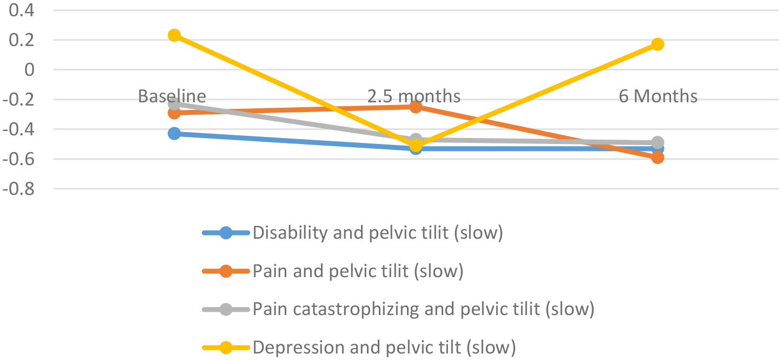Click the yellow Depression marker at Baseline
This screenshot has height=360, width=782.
(174, 35)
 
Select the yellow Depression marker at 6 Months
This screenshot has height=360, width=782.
(658, 44)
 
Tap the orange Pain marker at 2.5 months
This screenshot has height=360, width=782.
(416, 107)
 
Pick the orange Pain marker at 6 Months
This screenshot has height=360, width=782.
(658, 158)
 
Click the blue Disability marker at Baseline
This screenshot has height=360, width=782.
(174, 133)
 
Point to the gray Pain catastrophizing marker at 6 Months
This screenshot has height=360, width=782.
(658, 142)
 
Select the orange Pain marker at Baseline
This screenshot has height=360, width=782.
(174, 113)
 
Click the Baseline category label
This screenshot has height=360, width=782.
(172, 96)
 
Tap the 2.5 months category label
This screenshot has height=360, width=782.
(414, 96)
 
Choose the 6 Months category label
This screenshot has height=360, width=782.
(658, 96)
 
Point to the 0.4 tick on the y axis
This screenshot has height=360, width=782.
(17, 10)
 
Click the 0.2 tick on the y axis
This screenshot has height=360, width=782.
(17, 40)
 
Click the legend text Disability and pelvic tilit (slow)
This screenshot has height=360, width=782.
(378, 233)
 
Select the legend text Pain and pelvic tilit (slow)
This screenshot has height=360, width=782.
(358, 271)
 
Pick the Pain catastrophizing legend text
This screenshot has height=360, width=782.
(423, 309)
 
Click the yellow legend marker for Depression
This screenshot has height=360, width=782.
(226, 348)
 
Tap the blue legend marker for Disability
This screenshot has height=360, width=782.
(226, 233)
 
